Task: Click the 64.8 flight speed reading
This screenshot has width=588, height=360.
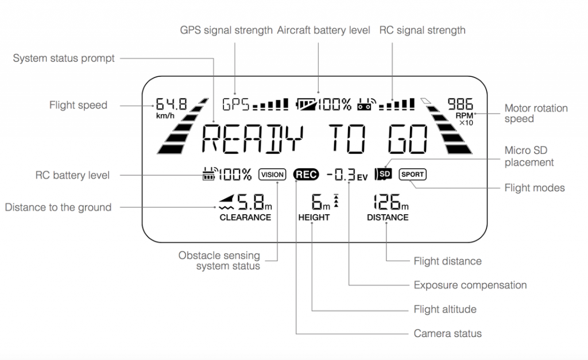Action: [171, 105]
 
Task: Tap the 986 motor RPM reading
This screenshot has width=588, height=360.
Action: [461, 104]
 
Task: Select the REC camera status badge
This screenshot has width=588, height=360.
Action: [306, 175]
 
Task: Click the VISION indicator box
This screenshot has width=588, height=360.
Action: [272, 175]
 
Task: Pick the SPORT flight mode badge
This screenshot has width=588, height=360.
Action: [413, 174]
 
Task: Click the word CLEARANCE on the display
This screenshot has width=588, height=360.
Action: [245, 218]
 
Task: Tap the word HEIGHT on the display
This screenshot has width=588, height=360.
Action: [314, 218]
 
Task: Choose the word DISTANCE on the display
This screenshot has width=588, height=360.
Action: [388, 218]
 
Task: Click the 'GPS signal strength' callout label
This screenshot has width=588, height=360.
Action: [226, 30]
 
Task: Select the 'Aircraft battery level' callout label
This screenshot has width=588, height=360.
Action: [324, 30]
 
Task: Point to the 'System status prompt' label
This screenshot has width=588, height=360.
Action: [64, 58]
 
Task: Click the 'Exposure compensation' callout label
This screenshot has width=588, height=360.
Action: [470, 285]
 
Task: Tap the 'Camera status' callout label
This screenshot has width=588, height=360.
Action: [447, 334]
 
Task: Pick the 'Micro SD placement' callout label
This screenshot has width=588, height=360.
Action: [529, 156]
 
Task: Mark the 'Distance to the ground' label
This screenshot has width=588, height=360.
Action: [58, 207]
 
